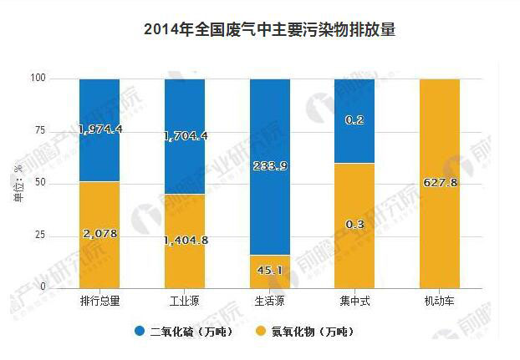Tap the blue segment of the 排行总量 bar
pos(99,109)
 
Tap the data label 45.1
pos(270,269)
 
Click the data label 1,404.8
pos(185,241)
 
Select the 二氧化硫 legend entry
pos(201,332)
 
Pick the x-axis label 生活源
pos(270,300)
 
